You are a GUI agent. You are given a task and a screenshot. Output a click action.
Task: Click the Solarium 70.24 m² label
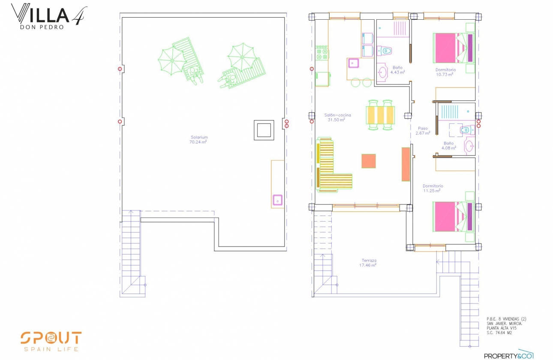coord(199,139)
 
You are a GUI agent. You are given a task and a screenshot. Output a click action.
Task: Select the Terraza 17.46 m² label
coord(368,263)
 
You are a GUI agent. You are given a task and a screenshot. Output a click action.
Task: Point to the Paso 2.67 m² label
coord(423,131)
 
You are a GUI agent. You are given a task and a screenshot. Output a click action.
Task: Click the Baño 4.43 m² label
coord(397,70)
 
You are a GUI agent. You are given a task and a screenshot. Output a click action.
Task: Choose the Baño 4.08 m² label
coord(448,146)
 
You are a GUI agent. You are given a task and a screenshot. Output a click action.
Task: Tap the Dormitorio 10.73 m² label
coord(445,72)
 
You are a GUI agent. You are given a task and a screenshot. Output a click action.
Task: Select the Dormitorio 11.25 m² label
coord(433,188)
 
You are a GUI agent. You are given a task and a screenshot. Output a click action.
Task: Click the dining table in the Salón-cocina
coord(380,114)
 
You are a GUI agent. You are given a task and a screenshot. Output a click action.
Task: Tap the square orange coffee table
coord(369,161)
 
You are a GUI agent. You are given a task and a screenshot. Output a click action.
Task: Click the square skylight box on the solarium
coord(264,129)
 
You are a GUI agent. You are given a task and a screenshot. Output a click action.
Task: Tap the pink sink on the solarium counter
coord(278,200)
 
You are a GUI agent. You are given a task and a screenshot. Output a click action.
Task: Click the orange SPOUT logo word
coord(51,338)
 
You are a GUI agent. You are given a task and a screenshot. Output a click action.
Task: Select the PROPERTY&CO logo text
coord(508,355)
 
